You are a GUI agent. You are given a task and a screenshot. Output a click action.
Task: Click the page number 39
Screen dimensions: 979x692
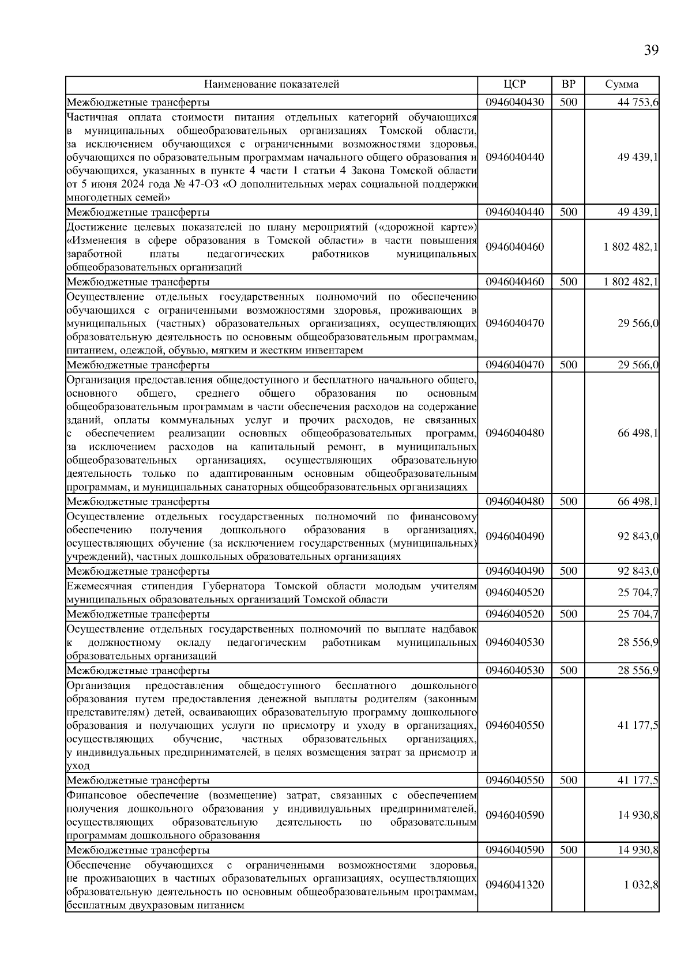pos(650,50)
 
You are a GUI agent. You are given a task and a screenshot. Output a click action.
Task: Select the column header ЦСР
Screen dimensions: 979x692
pos(514,84)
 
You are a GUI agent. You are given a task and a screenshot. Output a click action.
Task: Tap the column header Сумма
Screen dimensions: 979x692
pos(622,84)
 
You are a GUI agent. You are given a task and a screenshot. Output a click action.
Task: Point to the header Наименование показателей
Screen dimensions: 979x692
pos(272,84)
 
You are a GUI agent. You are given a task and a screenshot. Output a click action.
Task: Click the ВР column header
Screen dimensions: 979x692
pos(568,84)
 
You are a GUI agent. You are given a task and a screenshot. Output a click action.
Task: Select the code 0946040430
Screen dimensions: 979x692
pos(514,103)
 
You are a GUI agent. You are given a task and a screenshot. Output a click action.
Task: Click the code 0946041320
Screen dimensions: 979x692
pos(514,884)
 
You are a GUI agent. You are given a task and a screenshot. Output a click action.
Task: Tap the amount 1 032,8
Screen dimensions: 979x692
pos(641,884)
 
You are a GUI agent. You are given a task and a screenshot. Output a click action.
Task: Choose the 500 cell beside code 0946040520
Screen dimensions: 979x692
pos(568,614)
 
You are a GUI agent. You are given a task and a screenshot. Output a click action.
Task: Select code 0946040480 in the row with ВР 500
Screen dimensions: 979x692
pos(514,501)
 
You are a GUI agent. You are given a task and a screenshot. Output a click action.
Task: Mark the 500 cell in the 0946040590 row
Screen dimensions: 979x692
pos(568,850)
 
